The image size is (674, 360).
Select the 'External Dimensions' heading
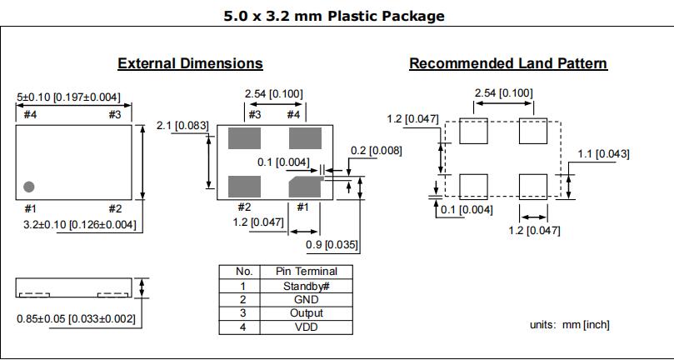point(190,63)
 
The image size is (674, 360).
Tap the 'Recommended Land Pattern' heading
point(508,63)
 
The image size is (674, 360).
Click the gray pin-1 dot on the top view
point(29,186)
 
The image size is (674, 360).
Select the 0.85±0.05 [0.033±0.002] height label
point(76,317)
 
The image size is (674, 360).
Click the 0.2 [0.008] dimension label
point(376,151)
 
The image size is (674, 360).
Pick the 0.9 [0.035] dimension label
point(332,244)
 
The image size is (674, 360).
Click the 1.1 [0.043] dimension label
point(603,153)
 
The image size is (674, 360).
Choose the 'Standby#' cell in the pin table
point(307,286)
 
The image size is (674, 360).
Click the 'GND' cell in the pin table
point(307,299)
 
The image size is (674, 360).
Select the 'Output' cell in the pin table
point(307,313)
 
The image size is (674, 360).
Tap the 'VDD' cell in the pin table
point(307,327)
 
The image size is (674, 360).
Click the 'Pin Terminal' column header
point(307,272)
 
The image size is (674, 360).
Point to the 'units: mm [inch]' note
point(569,324)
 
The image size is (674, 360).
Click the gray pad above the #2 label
point(244,185)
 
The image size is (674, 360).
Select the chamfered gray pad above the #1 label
point(306,185)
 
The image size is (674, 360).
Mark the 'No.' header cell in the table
point(243,272)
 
